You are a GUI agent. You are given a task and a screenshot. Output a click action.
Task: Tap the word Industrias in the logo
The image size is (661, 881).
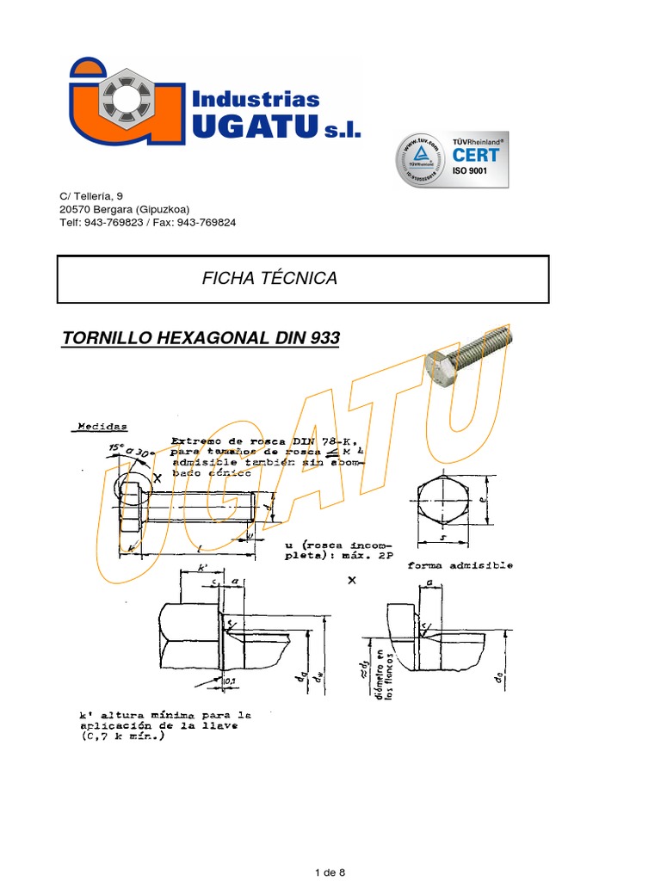click(x=256, y=100)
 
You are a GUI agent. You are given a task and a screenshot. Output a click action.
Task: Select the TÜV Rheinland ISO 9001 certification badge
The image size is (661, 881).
click(x=451, y=160)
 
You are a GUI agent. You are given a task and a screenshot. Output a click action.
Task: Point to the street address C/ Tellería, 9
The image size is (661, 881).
click(x=97, y=196)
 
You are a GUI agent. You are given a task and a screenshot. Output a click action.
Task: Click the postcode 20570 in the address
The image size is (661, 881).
click(x=75, y=209)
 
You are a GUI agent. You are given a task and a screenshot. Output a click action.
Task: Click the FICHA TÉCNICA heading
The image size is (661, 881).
click(x=269, y=278)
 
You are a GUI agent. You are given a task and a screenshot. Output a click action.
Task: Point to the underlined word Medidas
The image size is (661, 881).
click(x=102, y=426)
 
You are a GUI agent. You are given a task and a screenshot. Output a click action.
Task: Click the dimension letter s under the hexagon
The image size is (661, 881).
click(x=442, y=539)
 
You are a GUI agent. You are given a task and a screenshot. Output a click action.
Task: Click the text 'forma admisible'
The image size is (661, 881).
click(x=460, y=565)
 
